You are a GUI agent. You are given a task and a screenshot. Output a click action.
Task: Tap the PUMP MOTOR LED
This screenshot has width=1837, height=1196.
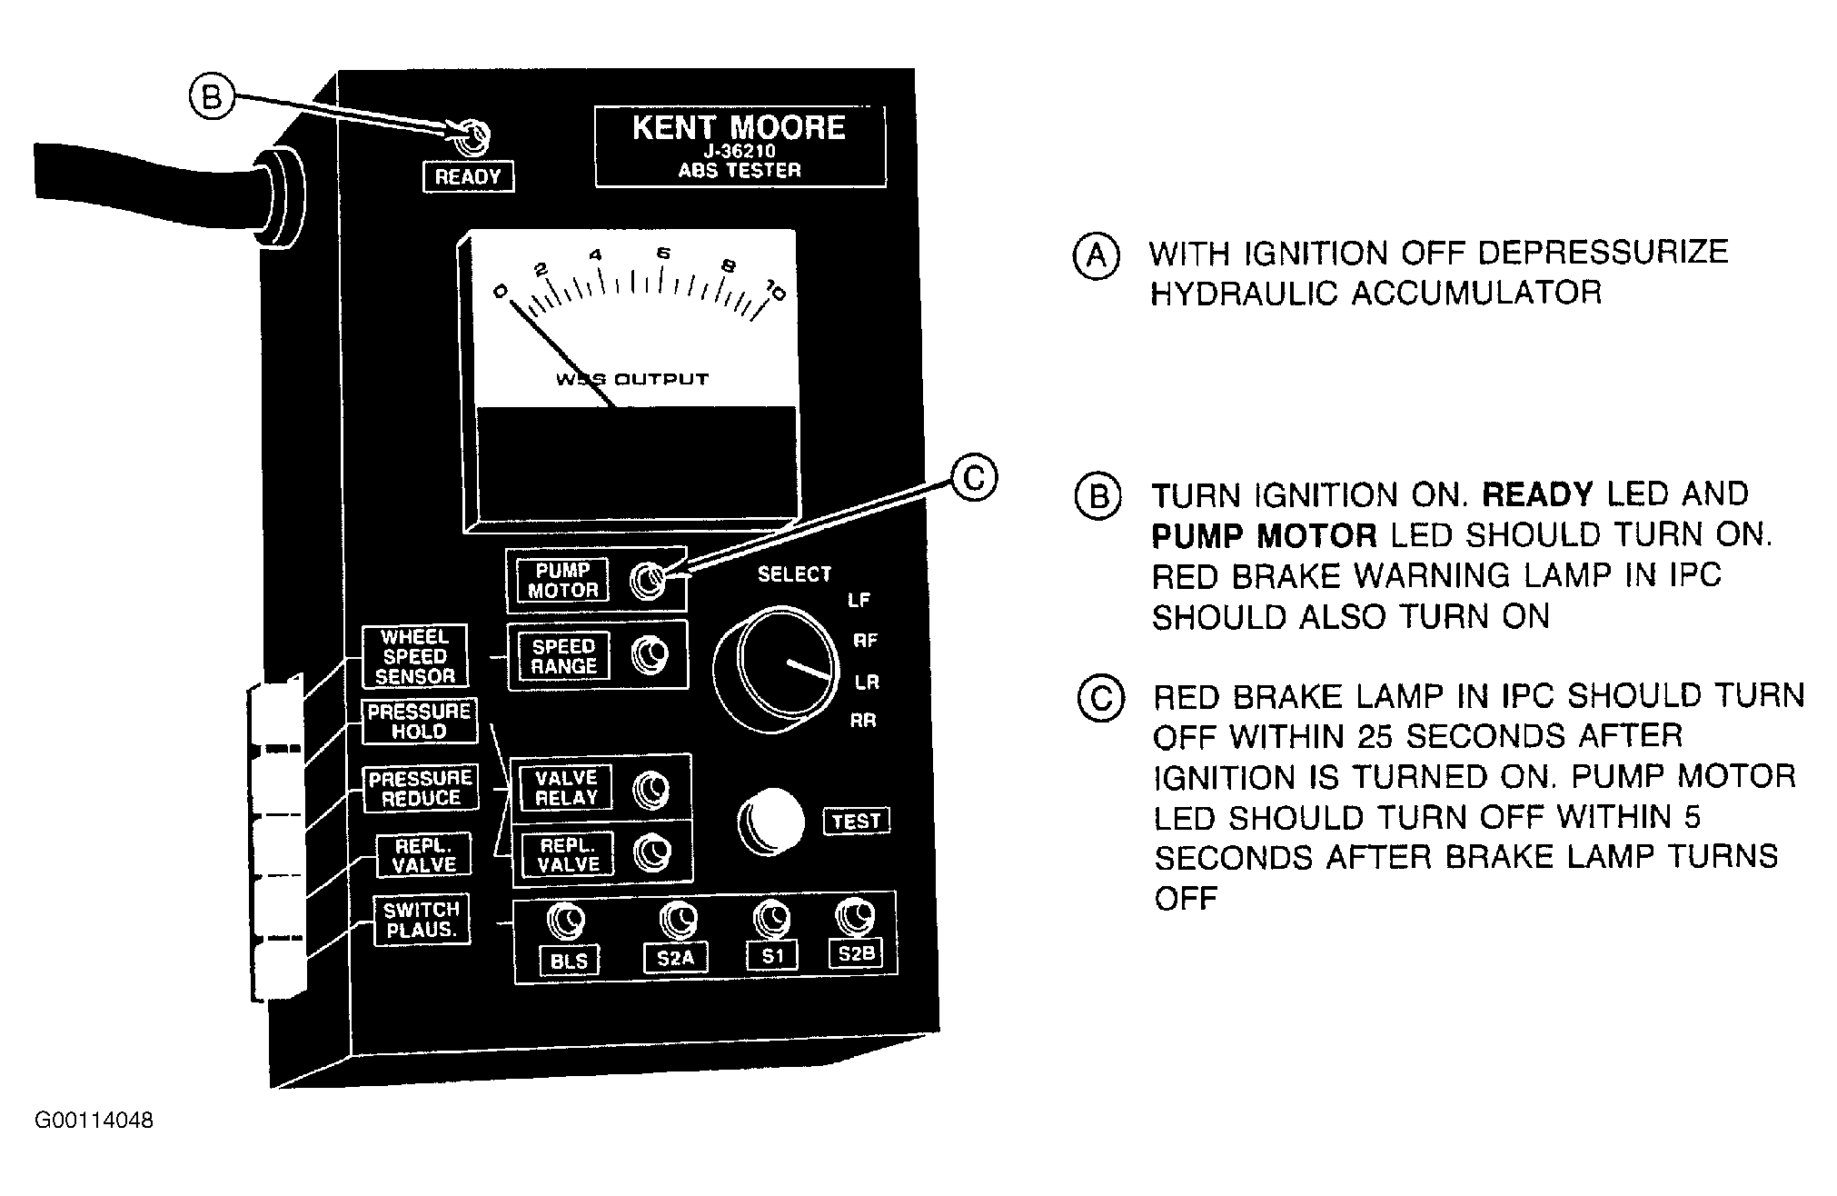[648, 579]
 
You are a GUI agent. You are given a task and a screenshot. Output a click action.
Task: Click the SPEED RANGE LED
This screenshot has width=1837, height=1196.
[650, 655]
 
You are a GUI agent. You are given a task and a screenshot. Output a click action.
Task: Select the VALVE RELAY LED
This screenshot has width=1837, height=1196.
[651, 790]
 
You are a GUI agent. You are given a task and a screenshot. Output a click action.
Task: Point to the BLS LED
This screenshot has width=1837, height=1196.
[565, 922]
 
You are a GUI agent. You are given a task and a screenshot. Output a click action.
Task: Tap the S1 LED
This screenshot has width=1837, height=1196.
[772, 918]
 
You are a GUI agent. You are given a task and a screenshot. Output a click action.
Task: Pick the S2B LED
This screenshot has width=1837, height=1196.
[854, 916]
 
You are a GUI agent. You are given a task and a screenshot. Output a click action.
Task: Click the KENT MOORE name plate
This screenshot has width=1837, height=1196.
[740, 147]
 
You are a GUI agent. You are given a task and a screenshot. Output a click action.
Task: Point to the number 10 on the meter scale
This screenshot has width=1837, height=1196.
[776, 291]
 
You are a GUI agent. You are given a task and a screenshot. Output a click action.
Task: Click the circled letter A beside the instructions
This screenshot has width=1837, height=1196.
[1097, 255]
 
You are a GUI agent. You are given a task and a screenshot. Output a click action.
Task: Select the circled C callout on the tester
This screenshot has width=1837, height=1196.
[973, 478]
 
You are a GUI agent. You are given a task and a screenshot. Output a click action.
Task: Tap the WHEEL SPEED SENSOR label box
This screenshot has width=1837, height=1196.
[415, 656]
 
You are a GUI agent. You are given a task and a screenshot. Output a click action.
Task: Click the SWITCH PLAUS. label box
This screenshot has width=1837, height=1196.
[422, 920]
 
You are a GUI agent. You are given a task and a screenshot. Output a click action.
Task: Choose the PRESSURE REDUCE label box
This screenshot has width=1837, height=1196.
[420, 788]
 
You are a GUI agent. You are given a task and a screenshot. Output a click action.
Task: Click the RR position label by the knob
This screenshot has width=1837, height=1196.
[862, 722]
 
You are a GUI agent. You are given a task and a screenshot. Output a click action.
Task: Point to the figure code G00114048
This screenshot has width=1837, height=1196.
[94, 1121]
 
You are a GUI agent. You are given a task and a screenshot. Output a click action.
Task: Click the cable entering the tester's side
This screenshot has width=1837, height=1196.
[145, 191]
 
